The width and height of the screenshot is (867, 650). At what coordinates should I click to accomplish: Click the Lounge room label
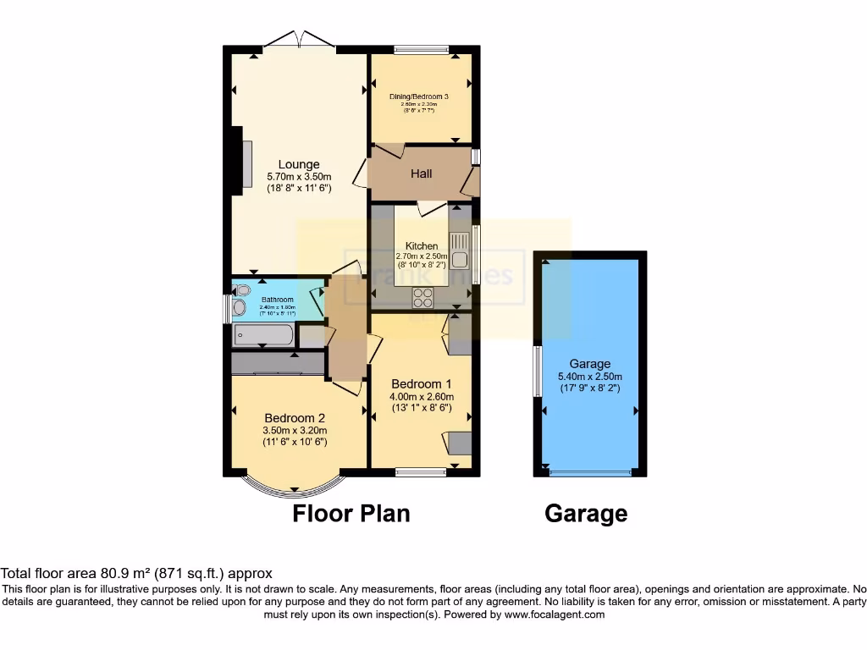pos(299,164)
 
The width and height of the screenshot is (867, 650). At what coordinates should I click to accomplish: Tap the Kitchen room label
pos(422,246)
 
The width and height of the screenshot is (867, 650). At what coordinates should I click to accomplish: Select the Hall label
pos(422,174)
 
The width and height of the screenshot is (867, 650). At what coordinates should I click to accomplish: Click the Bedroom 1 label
pos(422,383)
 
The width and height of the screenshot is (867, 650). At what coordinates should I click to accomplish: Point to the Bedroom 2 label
pos(295,418)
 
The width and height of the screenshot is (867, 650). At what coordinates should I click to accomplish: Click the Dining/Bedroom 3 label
pos(418,96)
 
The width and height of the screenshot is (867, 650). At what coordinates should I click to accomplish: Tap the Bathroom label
pos(277,300)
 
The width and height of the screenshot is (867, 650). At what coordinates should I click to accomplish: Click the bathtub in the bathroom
pos(263,336)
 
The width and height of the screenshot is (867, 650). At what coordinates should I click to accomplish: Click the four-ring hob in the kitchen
pos(422,297)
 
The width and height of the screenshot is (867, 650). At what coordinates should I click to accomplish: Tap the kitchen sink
pos(460,251)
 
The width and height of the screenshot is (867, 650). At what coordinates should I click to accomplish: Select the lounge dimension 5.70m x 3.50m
pos(299,177)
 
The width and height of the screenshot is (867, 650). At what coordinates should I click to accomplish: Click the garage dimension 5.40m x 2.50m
pos(590,377)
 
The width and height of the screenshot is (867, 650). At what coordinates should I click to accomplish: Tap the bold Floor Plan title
pos(351,514)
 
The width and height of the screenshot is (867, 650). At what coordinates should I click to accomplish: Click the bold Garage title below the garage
pos(586,514)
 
